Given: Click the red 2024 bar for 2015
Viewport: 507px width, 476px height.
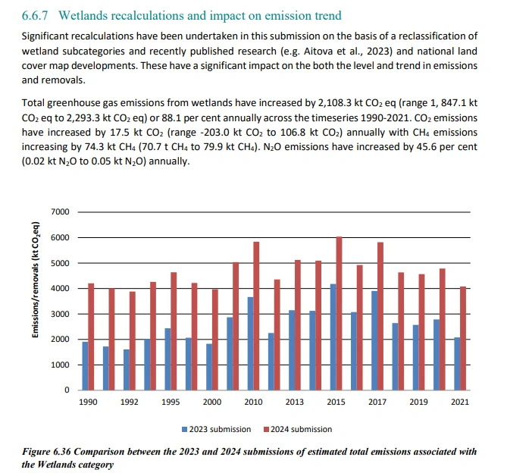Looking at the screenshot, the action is pos(339,313).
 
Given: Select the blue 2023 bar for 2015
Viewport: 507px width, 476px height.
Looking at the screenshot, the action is pos(333,337).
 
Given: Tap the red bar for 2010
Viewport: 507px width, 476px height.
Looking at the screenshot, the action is pos(256,316).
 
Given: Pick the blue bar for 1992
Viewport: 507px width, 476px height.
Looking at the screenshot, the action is pos(127,370).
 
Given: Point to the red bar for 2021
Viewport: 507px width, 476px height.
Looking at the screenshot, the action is pos(463,338).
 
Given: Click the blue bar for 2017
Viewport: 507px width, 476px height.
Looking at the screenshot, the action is pos(374,340).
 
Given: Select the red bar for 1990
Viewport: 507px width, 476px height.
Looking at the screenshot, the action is pos(91,337).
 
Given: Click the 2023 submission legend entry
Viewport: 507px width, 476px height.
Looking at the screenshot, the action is pos(216,429).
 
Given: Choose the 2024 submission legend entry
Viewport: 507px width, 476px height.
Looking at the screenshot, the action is pos(298,429).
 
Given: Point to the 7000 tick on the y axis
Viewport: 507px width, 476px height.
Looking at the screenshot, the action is pos(60,211).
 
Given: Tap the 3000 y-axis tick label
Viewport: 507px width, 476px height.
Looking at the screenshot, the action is pos(60,314).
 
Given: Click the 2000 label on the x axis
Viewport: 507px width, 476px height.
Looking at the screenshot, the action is pos(212,402).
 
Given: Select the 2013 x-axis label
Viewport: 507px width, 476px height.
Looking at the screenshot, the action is pos(295,402).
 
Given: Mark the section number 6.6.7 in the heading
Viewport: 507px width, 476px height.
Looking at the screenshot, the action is pos(35,15).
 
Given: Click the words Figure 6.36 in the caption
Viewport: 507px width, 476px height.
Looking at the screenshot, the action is pos(46,452).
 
